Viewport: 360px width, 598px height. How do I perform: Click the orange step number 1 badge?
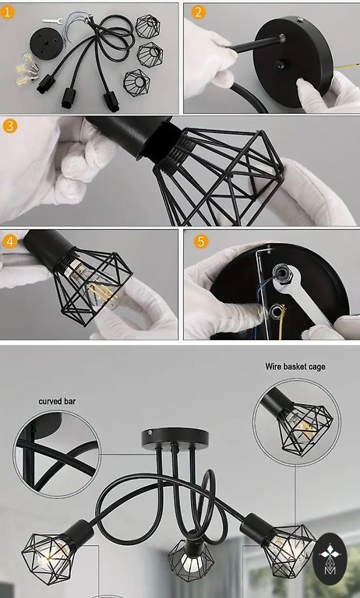pos(7,12)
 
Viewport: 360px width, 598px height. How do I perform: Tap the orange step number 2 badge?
pos(198,12)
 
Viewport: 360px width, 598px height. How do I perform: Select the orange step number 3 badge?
pos(9,126)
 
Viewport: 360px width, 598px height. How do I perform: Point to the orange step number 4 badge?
pos(9,241)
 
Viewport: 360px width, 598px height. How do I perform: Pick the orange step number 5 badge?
pos(201,241)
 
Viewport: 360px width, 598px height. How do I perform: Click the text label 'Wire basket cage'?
pos(295,367)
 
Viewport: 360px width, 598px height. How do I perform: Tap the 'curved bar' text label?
pos(57,401)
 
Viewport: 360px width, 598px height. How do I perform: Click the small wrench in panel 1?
pos(52,21)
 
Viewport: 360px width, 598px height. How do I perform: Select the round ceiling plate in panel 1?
pos(43,43)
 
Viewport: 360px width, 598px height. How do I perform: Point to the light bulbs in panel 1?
pos(26,69)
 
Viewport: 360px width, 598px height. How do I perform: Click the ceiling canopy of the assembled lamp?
pos(175,438)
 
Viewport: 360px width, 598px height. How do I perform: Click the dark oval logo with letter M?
pos(330,558)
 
